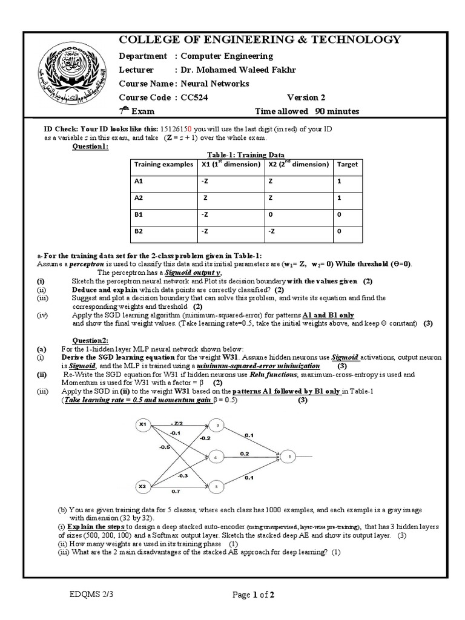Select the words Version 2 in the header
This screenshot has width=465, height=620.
[306, 97]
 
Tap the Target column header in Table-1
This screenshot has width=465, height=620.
[348, 164]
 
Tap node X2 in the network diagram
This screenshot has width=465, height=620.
[143, 486]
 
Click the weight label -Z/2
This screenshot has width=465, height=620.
[177, 422]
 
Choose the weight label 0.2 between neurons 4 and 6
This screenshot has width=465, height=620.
[244, 453]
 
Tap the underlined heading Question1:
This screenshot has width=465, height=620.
[91, 146]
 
